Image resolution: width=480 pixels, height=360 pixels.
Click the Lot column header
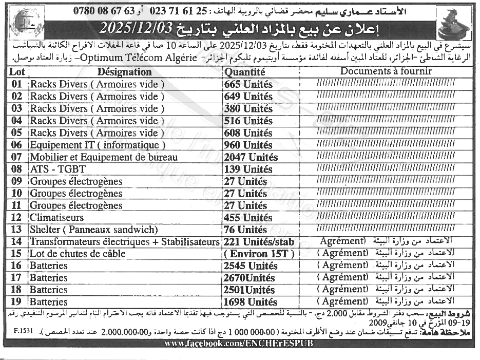pyautogui.click(x=16, y=72)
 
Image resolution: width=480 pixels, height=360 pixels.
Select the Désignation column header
pyautogui.click(x=124, y=72)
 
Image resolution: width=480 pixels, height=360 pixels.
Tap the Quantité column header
pyautogui.click(x=244, y=72)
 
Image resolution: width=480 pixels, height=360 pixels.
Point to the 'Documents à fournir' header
pyautogui.click(x=386, y=71)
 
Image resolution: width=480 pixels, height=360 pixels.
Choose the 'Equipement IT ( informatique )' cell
pyautogui.click(x=98, y=145)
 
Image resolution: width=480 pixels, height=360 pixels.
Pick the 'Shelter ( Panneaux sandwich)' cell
pyautogui.click(x=93, y=230)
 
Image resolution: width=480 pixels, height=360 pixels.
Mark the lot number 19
pyautogui.click(x=16, y=302)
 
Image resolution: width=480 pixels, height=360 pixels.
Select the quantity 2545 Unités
pyautogui.click(x=250, y=266)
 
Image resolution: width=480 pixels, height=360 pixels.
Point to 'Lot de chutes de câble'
pyautogui.click(x=78, y=254)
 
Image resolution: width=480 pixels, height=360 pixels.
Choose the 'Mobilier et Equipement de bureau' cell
pyautogui.click(x=104, y=157)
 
